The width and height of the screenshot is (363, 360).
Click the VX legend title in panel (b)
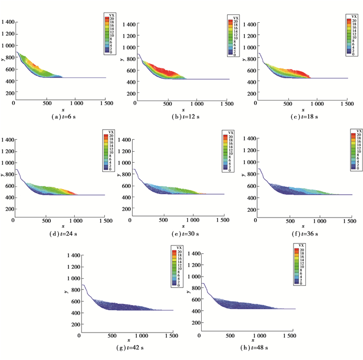(231, 19)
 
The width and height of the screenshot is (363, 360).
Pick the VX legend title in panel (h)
(298, 244)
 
